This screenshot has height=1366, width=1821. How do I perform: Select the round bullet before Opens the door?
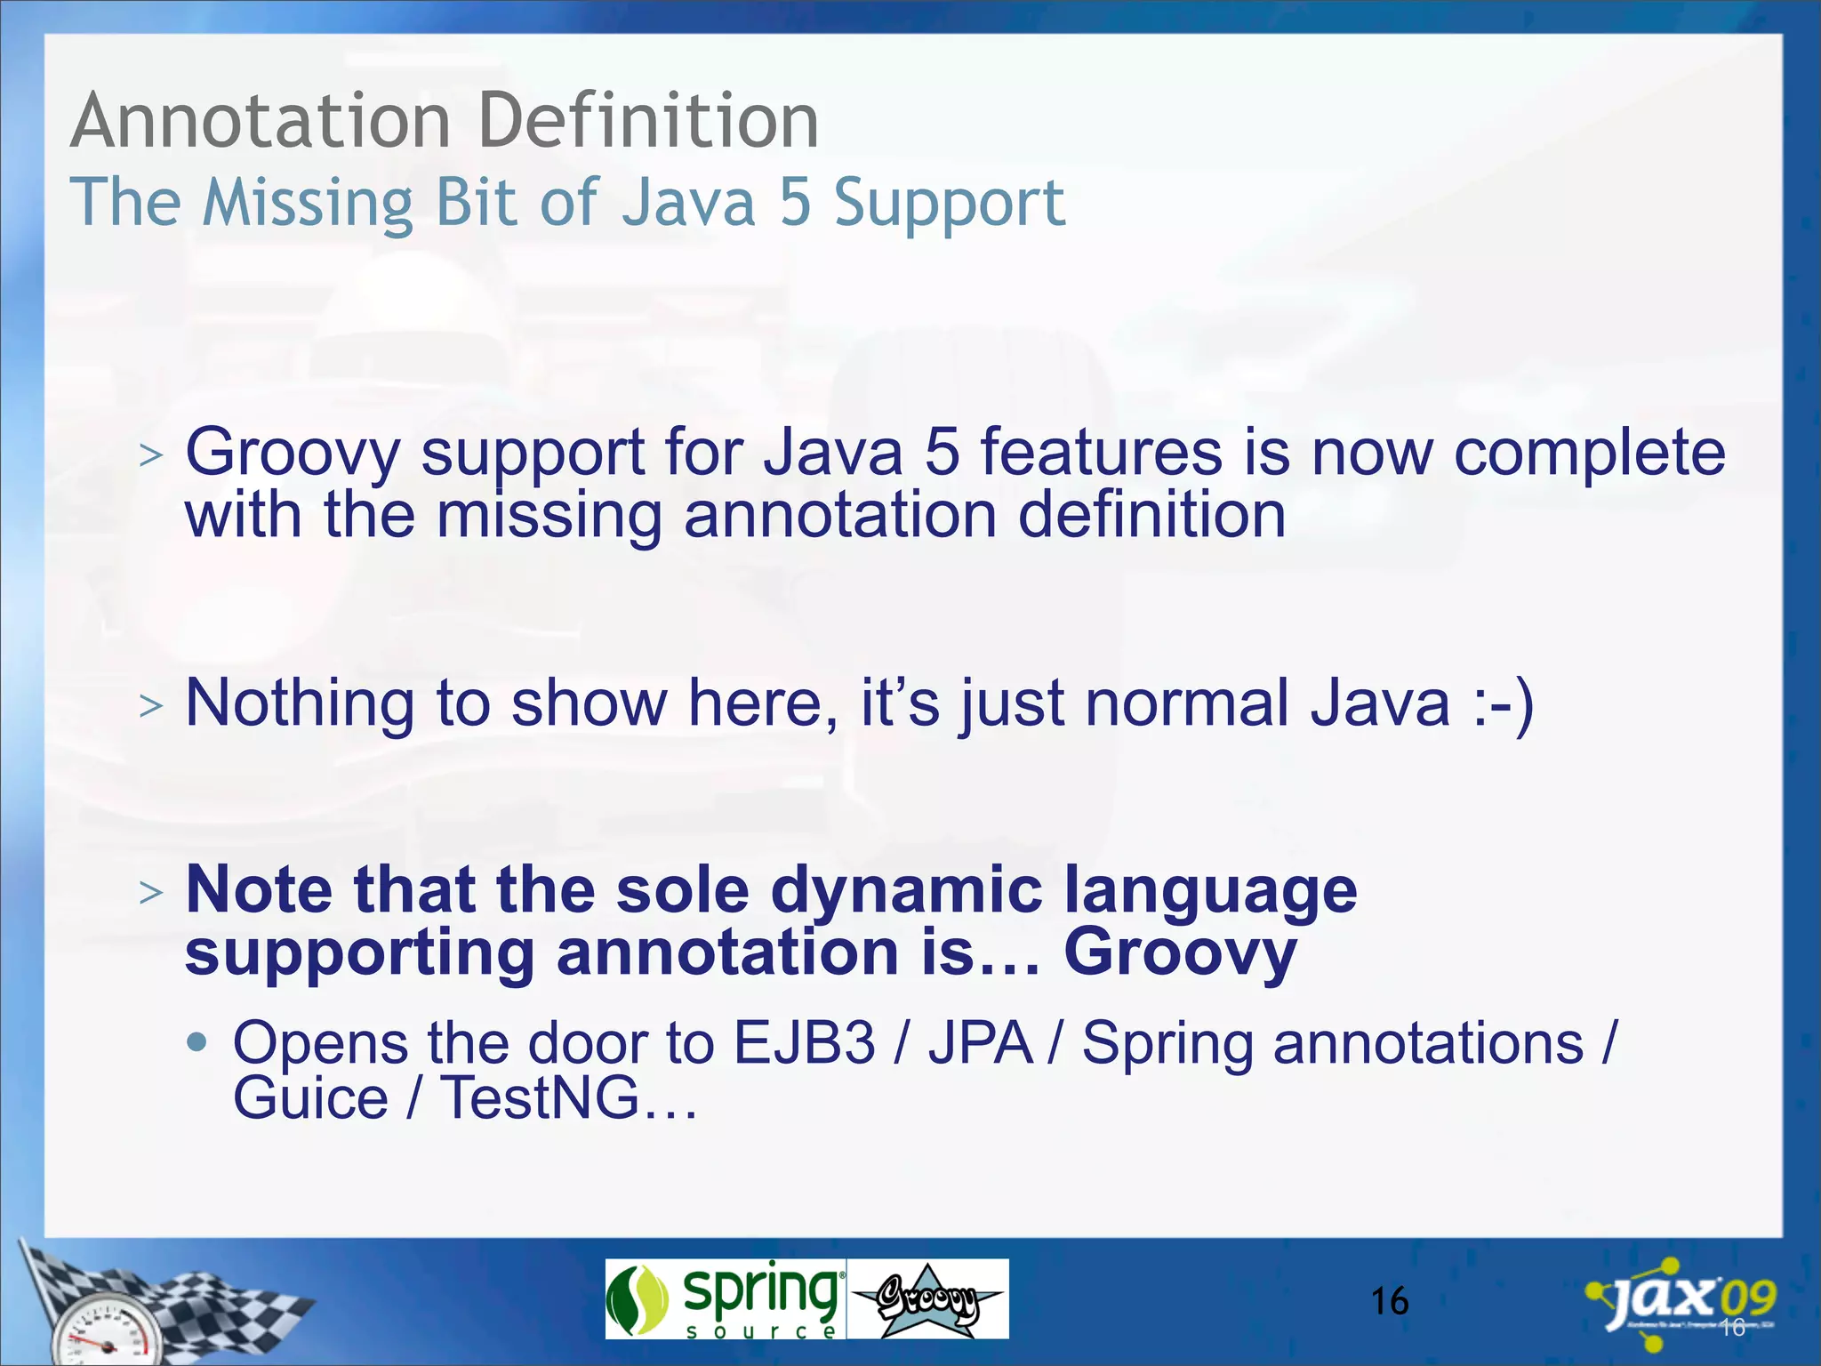(x=197, y=1041)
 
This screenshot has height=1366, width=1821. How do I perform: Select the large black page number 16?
(x=1389, y=1302)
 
